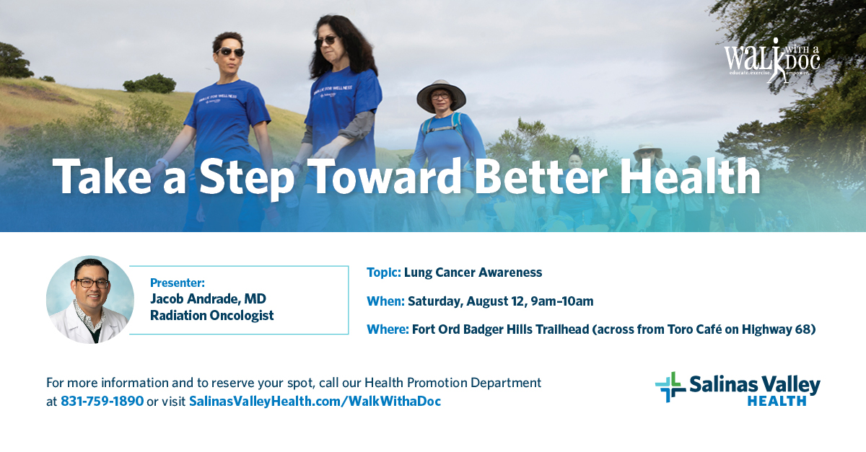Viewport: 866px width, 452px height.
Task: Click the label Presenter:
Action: click(178, 283)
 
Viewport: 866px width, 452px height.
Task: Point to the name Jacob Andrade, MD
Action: click(208, 298)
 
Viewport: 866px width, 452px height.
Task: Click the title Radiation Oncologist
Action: click(211, 315)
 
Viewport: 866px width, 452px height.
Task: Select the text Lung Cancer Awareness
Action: click(473, 272)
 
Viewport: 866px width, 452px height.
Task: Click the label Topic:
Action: click(383, 272)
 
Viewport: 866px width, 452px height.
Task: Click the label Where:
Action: click(387, 329)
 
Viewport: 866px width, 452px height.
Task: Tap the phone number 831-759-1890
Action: click(102, 401)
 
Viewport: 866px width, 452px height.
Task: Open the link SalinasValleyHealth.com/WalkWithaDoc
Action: click(315, 401)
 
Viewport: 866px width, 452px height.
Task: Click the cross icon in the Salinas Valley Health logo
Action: click(670, 387)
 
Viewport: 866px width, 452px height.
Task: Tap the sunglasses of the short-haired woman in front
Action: click(230, 52)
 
